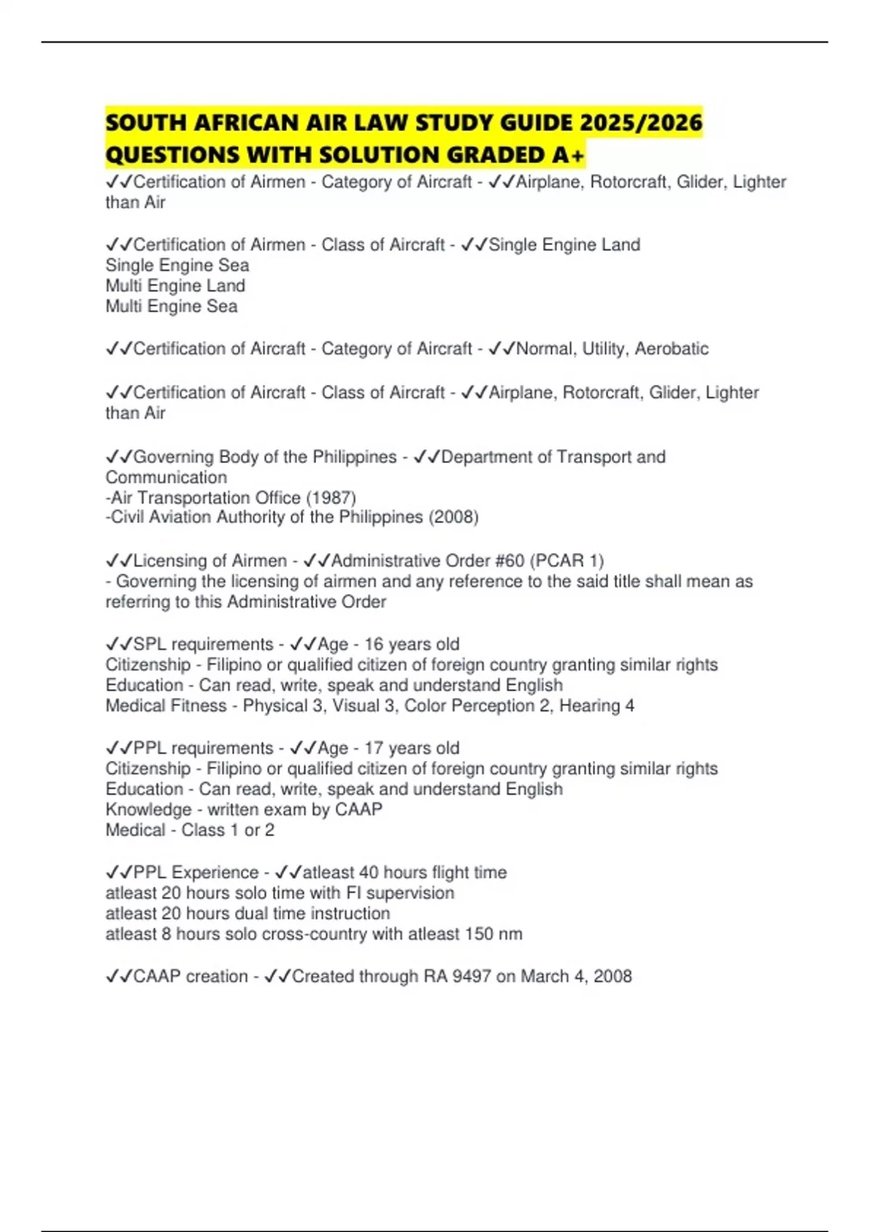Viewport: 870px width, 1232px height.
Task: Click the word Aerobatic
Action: coord(671,349)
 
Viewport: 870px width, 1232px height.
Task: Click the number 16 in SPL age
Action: coord(373,644)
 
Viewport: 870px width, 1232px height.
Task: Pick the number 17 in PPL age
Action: coord(373,748)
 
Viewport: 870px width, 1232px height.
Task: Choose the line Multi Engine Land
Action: coord(175,286)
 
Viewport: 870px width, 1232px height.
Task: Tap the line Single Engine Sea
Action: coord(178,265)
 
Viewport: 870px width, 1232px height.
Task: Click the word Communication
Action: coord(166,478)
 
